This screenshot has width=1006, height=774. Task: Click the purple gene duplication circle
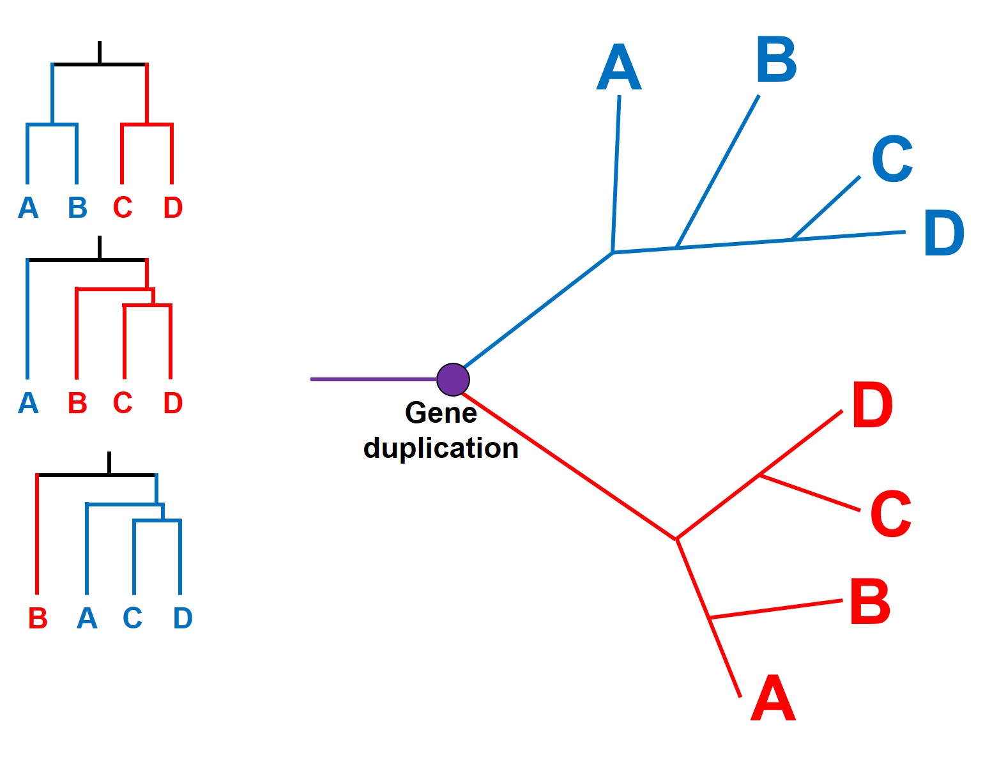pos(453,379)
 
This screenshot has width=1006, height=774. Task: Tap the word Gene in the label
pos(441,413)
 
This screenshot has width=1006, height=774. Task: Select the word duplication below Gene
pos(441,448)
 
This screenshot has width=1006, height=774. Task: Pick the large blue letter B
pos(776,60)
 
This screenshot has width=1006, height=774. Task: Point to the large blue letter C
pos(892,159)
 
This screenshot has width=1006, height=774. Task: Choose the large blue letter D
pos(943,234)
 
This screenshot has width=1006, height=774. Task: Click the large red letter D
pos(872,406)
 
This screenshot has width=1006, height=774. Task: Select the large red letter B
pos(869,602)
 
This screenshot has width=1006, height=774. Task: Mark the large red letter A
pos(773,699)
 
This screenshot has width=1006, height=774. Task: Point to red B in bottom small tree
pos(38,618)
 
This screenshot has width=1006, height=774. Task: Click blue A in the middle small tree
pos(28,403)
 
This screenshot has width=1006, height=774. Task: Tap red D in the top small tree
pos(173,208)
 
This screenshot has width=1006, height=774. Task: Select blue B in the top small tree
pos(77,208)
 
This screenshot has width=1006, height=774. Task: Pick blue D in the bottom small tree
pos(183,618)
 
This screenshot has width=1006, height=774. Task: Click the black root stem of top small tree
pos(100,52)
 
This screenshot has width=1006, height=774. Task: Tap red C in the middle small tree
pos(123,403)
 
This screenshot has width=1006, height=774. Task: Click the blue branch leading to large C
pos(826,208)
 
